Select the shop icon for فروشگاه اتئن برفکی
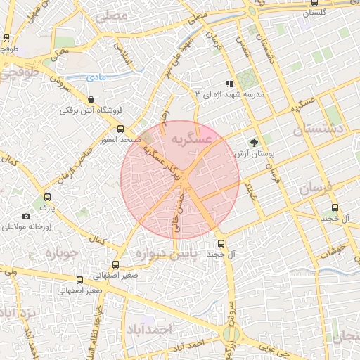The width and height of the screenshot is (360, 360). point(94,99)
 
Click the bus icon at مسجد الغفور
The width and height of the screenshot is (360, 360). point(121,129)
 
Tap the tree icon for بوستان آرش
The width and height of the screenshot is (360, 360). point(264,142)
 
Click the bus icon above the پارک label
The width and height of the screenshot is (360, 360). point(48,198)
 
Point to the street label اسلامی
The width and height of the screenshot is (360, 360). point(123,53)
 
